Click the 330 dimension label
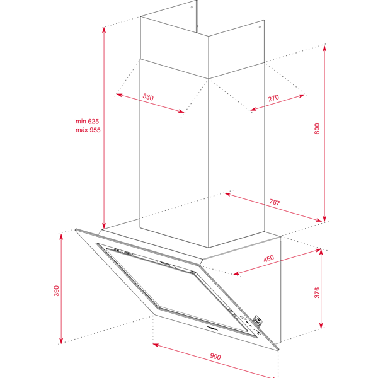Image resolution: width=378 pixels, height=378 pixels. pyautogui.click(x=148, y=97)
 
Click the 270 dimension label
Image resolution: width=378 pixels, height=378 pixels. pyautogui.click(x=273, y=98)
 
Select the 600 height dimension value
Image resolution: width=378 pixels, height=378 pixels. pyautogui.click(x=317, y=129)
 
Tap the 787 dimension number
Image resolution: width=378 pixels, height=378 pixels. pyautogui.click(x=275, y=202)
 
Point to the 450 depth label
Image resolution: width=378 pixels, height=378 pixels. pyautogui.click(x=268, y=259)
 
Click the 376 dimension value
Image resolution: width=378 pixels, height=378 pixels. pyautogui.click(x=317, y=292)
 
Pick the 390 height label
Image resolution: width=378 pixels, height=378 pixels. pyautogui.click(x=57, y=290)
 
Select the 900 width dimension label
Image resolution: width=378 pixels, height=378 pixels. pyautogui.click(x=215, y=356)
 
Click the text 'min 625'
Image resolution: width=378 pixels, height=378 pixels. pyautogui.click(x=88, y=121)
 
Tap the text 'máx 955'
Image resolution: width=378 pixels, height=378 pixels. pyautogui.click(x=88, y=130)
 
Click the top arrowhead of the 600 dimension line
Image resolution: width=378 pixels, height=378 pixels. pyautogui.click(x=324, y=49)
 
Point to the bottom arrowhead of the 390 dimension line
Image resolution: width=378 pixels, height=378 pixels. pyautogui.click(x=61, y=340)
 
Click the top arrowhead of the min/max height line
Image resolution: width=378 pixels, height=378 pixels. pyautogui.click(x=104, y=30)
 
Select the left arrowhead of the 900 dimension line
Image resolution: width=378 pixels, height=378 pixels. pyautogui.click(x=156, y=345)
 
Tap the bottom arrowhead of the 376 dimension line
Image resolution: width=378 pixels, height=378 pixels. pyautogui.click(x=321, y=325)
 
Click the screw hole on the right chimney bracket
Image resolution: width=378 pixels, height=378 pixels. pyautogui.click(x=260, y=27)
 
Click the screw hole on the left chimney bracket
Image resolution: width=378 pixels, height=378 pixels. pyautogui.click(x=192, y=7)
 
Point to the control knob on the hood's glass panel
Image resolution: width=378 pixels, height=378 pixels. pyautogui.click(x=257, y=321)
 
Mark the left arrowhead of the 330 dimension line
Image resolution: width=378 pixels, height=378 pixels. pyautogui.click(x=119, y=94)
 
